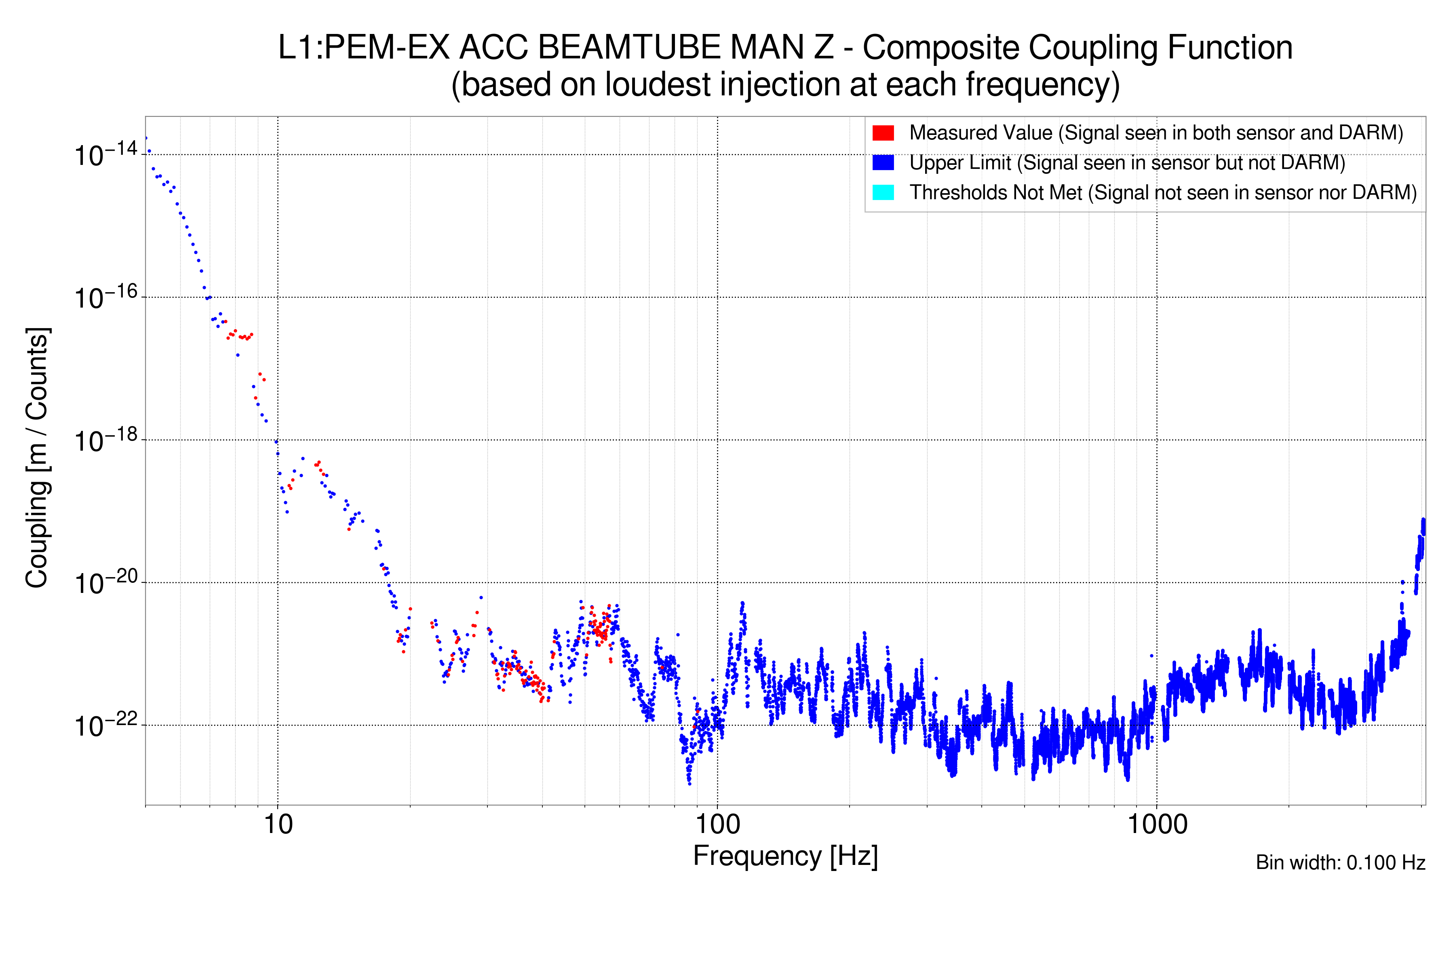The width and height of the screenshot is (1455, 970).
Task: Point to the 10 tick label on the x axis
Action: tap(278, 824)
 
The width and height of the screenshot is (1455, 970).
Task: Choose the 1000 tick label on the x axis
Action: tap(1156, 824)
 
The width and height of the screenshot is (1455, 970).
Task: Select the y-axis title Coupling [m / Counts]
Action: tap(37, 458)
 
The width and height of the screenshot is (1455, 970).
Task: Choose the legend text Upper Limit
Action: tap(960, 163)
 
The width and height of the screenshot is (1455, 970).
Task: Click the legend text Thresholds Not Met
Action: tap(995, 192)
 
